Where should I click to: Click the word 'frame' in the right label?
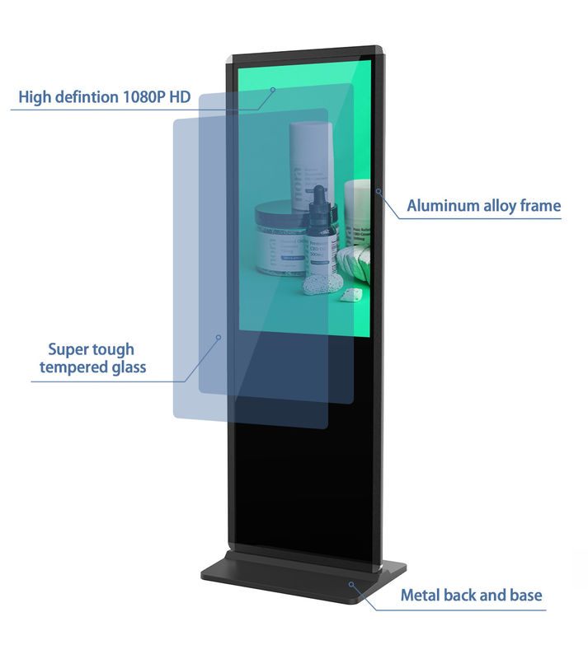coord(538,206)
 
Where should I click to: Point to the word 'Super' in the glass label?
coord(68,349)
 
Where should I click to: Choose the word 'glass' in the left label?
coord(128,367)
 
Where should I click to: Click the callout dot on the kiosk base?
coord(351,584)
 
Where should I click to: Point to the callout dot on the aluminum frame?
coord(379,192)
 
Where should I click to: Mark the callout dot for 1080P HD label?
coord(272,89)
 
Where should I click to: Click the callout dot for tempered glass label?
coord(219,337)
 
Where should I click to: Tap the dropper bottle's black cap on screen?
coord(318,199)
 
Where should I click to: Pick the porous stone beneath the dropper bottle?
coord(322,283)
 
